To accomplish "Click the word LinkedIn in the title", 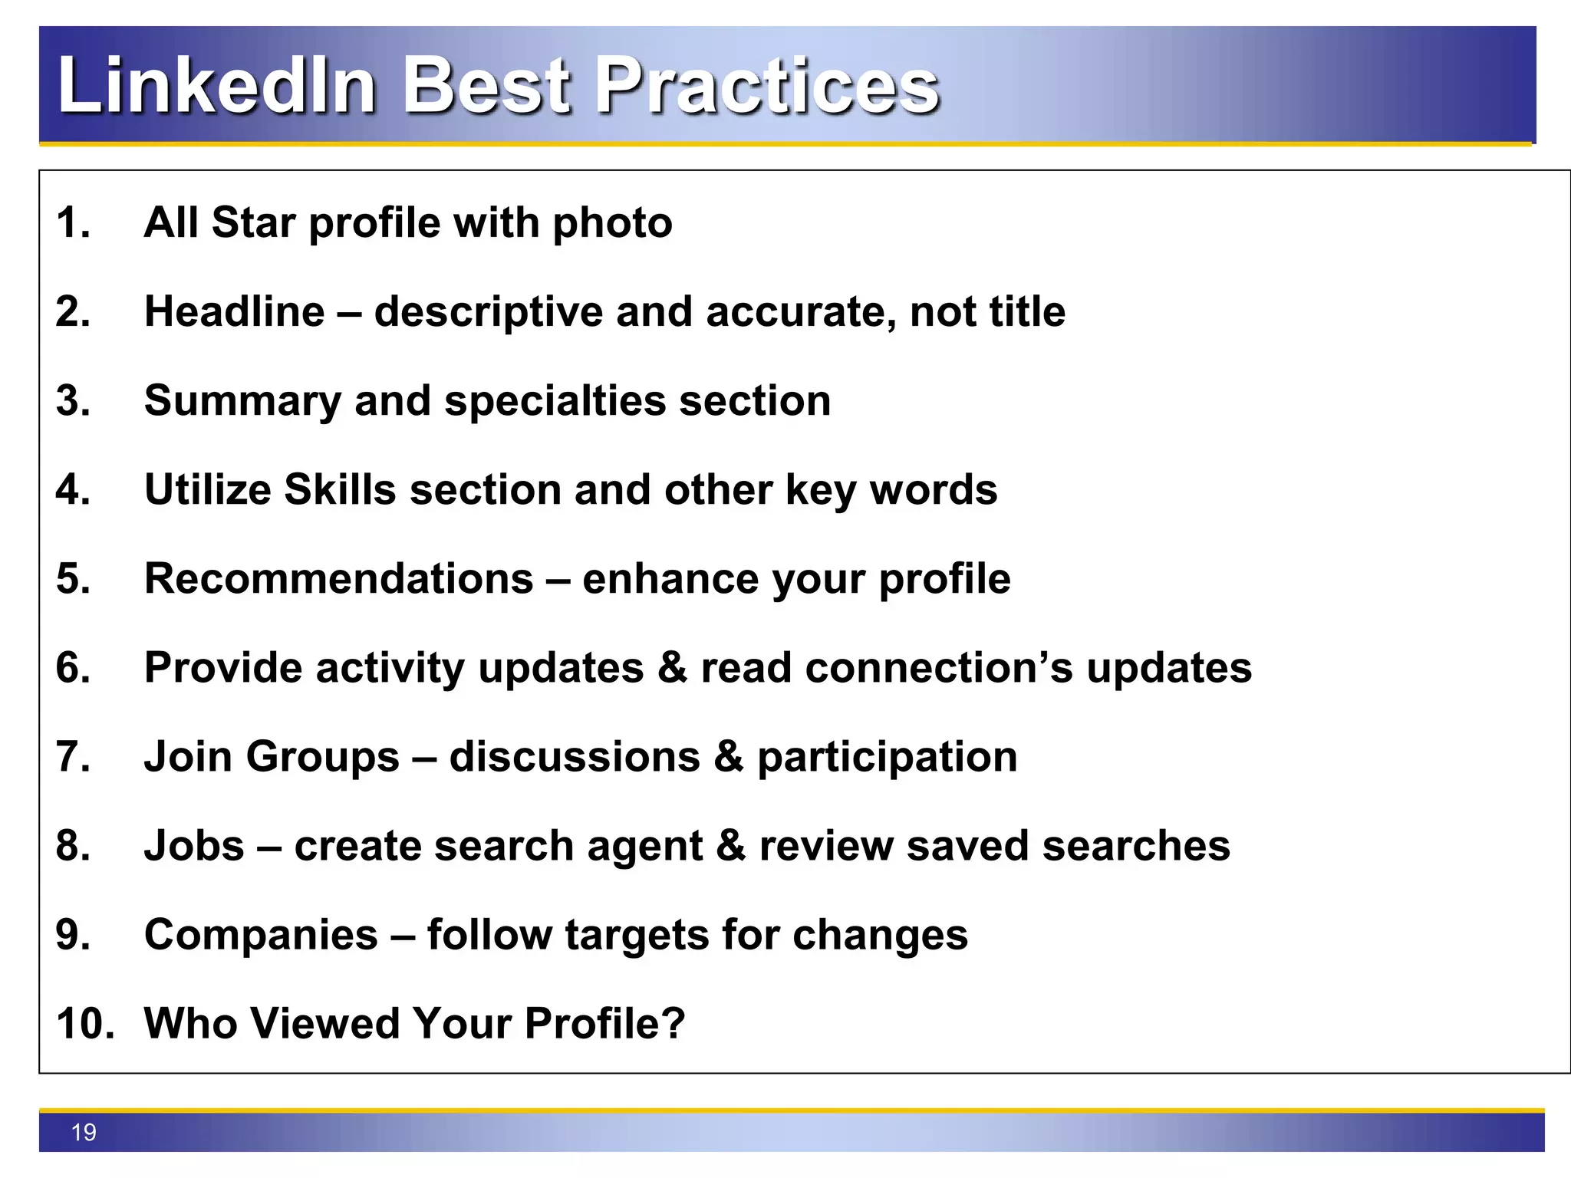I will point(216,86).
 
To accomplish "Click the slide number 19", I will point(84,1132).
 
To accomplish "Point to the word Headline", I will point(235,311).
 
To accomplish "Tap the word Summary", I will point(242,402).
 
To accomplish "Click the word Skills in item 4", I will point(339,489).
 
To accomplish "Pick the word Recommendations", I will point(338,578).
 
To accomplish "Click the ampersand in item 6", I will point(672,667).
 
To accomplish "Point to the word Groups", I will point(323,757).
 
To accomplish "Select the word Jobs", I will point(194,845).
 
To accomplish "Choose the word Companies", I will point(261,936).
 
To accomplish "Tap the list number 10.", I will point(85,1024).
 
